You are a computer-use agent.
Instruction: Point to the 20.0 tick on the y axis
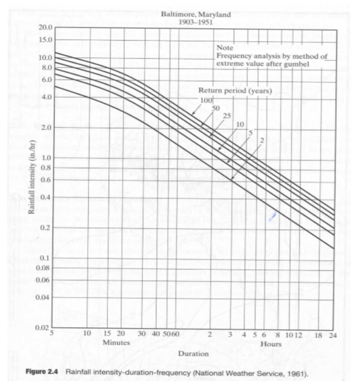click(x=45, y=28)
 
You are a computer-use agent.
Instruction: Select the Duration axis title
click(x=193, y=353)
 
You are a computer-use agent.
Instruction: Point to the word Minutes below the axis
click(x=116, y=343)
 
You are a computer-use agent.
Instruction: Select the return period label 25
click(x=227, y=115)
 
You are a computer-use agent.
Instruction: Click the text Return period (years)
click(x=234, y=90)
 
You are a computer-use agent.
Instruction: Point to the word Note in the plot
click(x=225, y=49)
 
